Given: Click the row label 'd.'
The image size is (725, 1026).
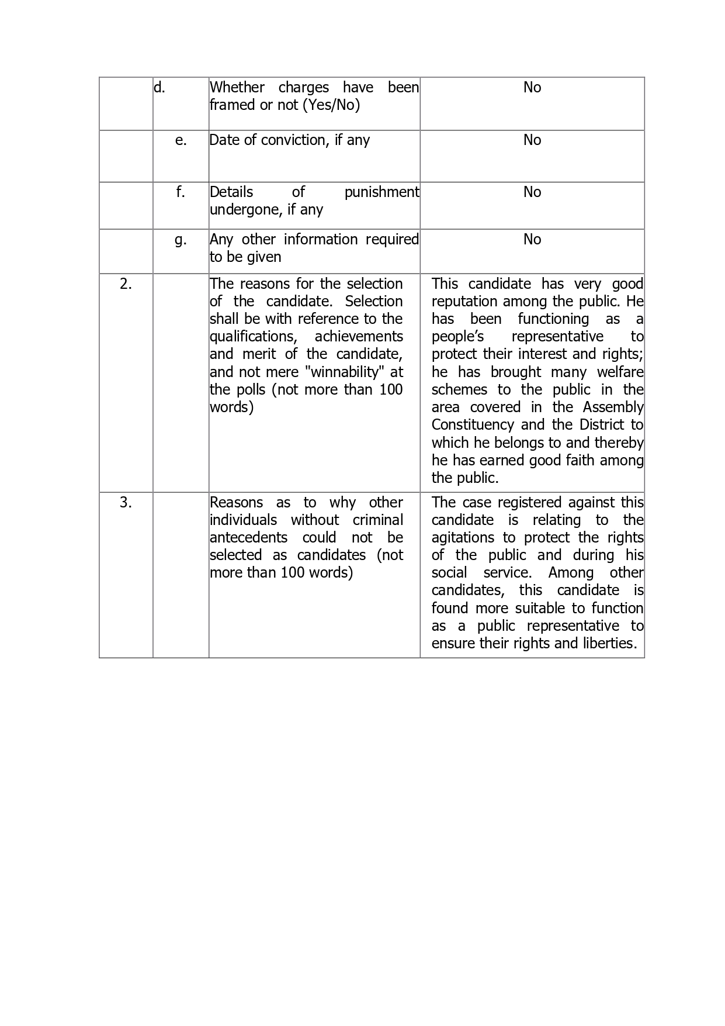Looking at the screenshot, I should click(159, 88).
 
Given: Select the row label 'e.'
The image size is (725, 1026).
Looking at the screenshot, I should click(181, 140).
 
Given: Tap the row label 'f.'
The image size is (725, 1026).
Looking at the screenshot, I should click(181, 192).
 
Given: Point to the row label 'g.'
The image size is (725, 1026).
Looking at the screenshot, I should click(181, 240).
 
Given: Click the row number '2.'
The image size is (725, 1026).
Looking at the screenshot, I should click(126, 284).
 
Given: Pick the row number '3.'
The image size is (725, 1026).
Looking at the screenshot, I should click(126, 503).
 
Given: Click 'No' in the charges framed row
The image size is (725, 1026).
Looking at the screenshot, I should click(532, 88).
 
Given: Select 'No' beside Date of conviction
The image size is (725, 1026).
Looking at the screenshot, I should click(532, 140).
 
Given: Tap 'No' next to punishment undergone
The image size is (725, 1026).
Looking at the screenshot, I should click(532, 192).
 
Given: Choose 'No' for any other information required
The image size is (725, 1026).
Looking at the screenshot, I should click(532, 240).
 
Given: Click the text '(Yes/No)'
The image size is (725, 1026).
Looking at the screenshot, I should click(332, 105).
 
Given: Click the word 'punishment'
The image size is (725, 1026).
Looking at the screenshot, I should click(381, 192).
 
